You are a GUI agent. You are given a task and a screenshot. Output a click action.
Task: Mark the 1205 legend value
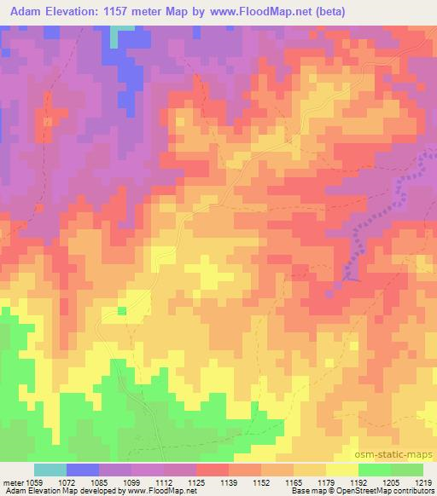pos(389,482)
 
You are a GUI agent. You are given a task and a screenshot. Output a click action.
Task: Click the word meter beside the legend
pos(14,482)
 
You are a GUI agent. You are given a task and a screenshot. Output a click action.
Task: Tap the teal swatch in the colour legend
pos(50,470)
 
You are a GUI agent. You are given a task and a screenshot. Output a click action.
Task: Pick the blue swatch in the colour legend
pos(82,470)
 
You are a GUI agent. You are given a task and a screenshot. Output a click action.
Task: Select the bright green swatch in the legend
pos(374,470)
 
